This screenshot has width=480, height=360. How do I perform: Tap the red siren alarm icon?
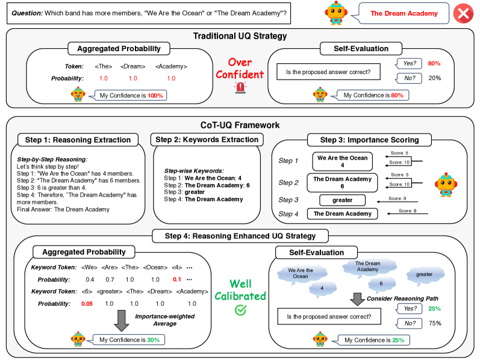(x=241, y=88)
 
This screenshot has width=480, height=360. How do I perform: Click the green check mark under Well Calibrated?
(x=240, y=309)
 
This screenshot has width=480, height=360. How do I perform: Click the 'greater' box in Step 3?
(x=341, y=200)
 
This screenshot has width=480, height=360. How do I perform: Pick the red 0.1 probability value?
(x=176, y=279)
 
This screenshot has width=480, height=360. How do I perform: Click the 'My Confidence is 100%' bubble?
(x=128, y=95)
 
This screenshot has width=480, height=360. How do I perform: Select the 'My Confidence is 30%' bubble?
(x=128, y=340)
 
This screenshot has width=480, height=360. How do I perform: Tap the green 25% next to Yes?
(x=434, y=309)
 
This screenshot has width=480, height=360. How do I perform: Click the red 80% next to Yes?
(x=434, y=63)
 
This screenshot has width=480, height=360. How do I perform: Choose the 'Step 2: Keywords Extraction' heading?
(x=207, y=140)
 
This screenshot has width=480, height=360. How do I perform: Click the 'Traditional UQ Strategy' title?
(x=240, y=36)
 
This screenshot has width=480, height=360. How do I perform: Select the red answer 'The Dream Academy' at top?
(x=402, y=13)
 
